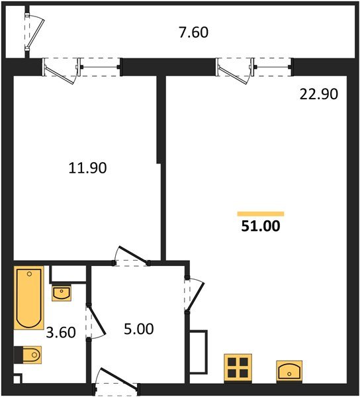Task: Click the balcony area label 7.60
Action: click(x=193, y=32)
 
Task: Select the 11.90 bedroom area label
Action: click(x=88, y=168)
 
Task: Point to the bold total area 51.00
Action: click(x=261, y=227)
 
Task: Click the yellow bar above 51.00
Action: click(x=261, y=213)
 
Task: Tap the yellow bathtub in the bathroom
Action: click(x=29, y=298)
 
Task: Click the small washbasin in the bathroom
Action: click(x=62, y=292)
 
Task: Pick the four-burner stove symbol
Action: click(x=238, y=367)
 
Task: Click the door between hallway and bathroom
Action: click(x=95, y=320)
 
